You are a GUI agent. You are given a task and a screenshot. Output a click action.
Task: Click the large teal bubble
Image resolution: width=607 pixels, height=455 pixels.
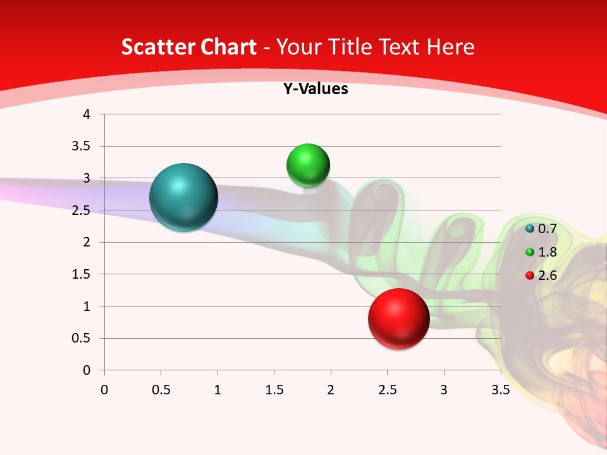(183, 197)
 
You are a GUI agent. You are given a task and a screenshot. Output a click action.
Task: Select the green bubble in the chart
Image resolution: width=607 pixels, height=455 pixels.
(308, 166)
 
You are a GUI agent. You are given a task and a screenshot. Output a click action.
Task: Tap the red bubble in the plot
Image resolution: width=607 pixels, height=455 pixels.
(398, 318)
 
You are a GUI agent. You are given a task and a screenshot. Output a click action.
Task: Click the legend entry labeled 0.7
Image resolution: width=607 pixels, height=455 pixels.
(541, 228)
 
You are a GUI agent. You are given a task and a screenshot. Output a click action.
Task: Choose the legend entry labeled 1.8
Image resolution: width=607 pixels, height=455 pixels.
(541, 252)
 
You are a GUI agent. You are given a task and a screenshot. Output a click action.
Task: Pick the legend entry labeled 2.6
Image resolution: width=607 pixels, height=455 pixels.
(541, 276)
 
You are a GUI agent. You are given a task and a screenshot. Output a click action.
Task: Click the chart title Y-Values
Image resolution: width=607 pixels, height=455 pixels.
(316, 89)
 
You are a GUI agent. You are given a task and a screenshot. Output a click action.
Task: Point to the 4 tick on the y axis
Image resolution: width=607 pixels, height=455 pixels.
(87, 114)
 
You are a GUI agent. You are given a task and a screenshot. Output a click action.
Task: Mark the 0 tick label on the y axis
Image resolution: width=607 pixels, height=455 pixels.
(87, 370)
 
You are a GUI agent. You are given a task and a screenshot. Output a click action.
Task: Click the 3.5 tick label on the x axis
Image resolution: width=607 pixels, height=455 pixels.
(501, 389)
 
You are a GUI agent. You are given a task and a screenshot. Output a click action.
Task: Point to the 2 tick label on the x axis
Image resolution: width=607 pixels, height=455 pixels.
(331, 389)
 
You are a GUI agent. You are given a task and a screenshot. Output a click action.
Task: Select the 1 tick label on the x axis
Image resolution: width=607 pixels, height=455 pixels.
(218, 389)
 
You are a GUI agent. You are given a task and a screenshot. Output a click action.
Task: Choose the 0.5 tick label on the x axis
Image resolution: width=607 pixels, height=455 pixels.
(161, 389)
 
